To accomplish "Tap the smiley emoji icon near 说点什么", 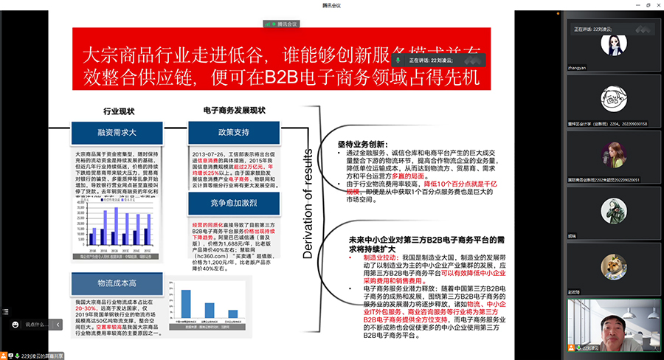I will tap(15, 324).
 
